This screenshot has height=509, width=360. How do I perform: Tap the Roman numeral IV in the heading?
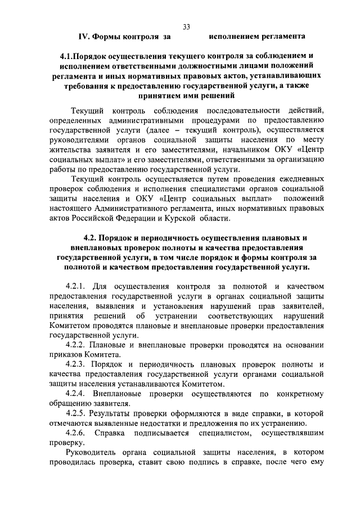pyautogui.click(x=83, y=37)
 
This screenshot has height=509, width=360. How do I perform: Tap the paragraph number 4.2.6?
pyautogui.click(x=76, y=433)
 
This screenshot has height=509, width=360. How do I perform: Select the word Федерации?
pyautogui.click(x=142, y=218)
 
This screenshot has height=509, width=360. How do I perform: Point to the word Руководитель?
pyautogui.click(x=92, y=453)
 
